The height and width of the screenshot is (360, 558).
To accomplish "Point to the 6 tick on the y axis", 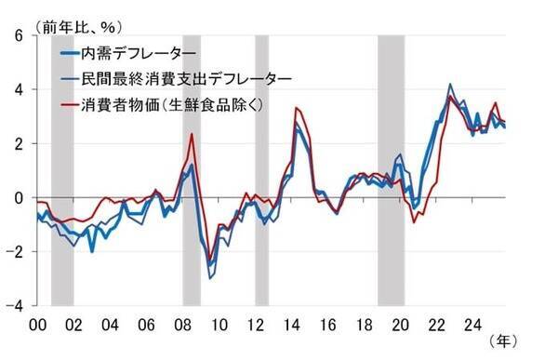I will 19,36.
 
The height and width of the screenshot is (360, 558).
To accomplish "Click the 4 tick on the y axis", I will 19,90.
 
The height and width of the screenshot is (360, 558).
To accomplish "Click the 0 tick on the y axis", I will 19,197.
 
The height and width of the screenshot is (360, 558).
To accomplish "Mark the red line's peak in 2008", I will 192,135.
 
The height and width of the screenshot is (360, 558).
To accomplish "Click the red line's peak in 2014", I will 297,109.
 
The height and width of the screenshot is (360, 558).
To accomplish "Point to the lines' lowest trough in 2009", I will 211,276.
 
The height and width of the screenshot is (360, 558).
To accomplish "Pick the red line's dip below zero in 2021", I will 415,221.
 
